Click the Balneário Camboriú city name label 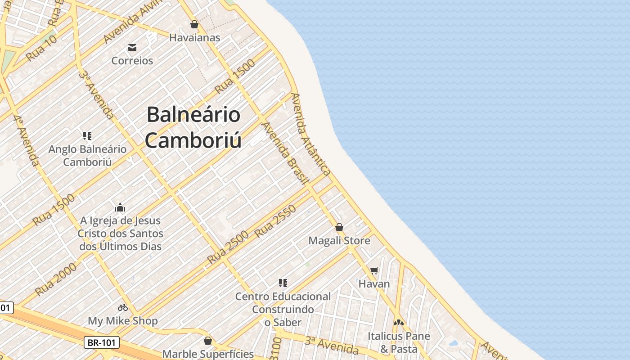(193, 127)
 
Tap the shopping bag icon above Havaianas (194, 24)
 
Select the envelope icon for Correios (132, 47)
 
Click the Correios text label (132, 60)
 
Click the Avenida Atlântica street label (311, 134)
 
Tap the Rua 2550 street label (275, 221)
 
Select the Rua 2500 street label (228, 247)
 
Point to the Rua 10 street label (41, 48)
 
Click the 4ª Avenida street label (26, 140)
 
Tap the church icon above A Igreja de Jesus (120, 207)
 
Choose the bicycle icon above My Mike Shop (123, 308)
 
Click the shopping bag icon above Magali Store (339, 227)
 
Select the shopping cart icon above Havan (374, 270)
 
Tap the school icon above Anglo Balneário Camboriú (87, 135)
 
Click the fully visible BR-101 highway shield (102, 342)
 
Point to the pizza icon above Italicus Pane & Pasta (399, 323)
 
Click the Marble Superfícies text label (208, 354)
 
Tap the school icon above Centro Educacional (283, 283)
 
